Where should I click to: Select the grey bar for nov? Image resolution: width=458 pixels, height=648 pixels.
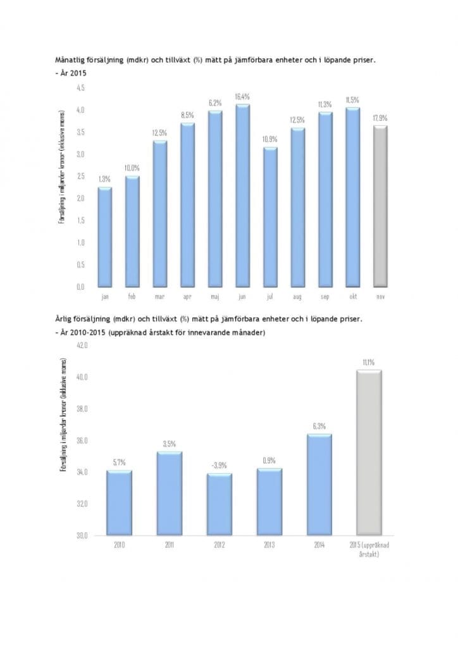380,206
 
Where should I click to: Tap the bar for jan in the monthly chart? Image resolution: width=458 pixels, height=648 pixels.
105,237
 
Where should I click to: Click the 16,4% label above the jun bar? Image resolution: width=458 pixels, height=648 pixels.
242,97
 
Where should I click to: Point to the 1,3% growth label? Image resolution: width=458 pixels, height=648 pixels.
105,180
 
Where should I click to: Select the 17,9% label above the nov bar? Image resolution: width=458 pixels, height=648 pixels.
380,118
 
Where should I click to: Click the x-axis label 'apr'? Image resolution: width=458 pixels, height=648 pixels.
187,296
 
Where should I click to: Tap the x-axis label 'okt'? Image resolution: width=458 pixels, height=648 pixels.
352,296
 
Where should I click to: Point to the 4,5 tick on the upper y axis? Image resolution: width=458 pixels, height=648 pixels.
81,88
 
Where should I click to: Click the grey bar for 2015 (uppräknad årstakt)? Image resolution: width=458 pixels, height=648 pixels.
369,452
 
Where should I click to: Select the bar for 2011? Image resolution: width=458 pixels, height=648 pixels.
169,493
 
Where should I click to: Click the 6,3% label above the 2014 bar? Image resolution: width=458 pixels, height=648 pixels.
319,426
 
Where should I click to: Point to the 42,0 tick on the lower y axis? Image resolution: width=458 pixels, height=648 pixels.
82,346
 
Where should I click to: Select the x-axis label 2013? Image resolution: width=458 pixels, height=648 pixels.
269,545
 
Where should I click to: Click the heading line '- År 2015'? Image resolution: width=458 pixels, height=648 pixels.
70,73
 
